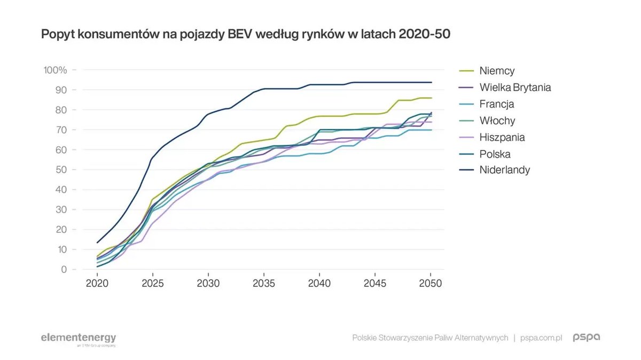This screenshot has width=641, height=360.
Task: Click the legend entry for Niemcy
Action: pos(497,71)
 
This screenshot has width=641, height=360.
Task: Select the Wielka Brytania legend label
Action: pos(515,87)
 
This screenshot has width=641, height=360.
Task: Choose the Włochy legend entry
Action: pos(497,121)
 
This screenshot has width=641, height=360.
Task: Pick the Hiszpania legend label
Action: pos(502,137)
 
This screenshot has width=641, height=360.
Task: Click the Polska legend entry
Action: pos(495,154)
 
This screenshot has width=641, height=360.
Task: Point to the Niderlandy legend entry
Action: pos(504,170)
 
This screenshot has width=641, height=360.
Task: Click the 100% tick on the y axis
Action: pos(55,70)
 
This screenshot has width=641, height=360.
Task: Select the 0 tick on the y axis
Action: pos(64,270)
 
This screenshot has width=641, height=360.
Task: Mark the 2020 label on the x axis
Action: pos(97,284)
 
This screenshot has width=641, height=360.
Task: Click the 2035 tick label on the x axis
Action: pos(263,284)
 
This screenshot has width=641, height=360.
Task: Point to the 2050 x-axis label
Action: pos(431,284)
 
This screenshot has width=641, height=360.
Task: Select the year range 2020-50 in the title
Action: pos(421,35)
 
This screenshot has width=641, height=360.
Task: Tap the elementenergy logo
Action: pos(79,338)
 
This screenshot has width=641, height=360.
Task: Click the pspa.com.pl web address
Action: pos(542,338)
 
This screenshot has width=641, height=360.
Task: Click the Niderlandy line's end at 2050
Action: pos(431,82)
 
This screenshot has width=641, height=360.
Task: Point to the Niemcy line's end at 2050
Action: pos(431,98)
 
